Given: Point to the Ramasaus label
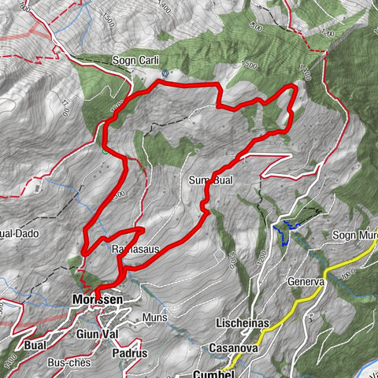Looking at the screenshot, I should pos(135,250).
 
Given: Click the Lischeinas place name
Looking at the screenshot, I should pos(243,324).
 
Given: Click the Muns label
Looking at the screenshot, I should pos(153,317).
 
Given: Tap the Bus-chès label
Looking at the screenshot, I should pos(68,363).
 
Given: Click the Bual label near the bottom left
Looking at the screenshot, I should pos(36,346).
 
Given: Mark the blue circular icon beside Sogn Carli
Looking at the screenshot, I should pos(165,72).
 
